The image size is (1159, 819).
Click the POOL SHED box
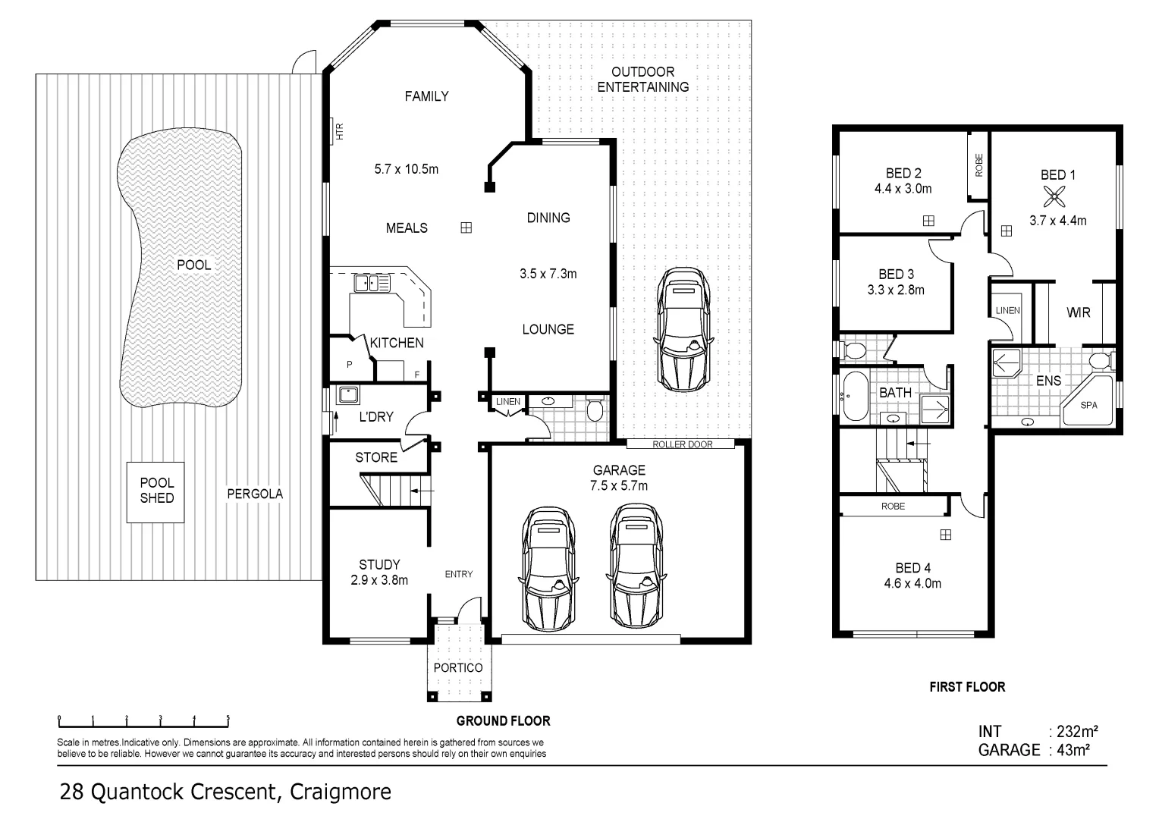[x=155, y=491]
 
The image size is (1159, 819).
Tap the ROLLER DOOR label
[x=682, y=444]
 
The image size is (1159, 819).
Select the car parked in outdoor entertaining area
[x=683, y=328]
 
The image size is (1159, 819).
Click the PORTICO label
[x=457, y=667]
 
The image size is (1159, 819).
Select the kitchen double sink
[x=371, y=284]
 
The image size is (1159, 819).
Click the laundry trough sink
[x=348, y=395]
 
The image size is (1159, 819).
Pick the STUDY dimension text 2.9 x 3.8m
[x=379, y=580]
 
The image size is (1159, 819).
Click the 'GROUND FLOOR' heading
[x=503, y=720]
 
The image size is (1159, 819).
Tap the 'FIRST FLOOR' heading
[x=967, y=687]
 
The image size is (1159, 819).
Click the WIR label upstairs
[x=1078, y=312]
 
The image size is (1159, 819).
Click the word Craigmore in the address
[x=339, y=792]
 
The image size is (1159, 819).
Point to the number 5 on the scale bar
[x=228, y=717]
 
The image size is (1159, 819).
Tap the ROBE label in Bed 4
[x=893, y=506]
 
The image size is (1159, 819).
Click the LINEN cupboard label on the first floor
[x=1007, y=310]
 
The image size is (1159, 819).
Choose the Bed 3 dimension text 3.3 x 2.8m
[x=895, y=290]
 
